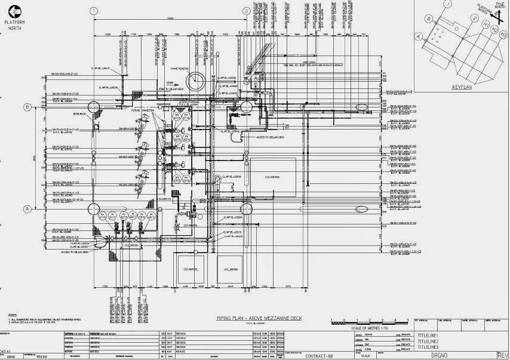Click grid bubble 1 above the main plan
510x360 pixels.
coord(94,11)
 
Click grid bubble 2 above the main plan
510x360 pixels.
coord(245,11)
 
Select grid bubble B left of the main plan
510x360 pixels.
coord(27,107)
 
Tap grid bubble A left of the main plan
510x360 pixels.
coord(27,209)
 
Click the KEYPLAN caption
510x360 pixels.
coord(462,87)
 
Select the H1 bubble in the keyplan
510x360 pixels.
coord(486,24)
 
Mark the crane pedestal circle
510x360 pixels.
coord(195,81)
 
